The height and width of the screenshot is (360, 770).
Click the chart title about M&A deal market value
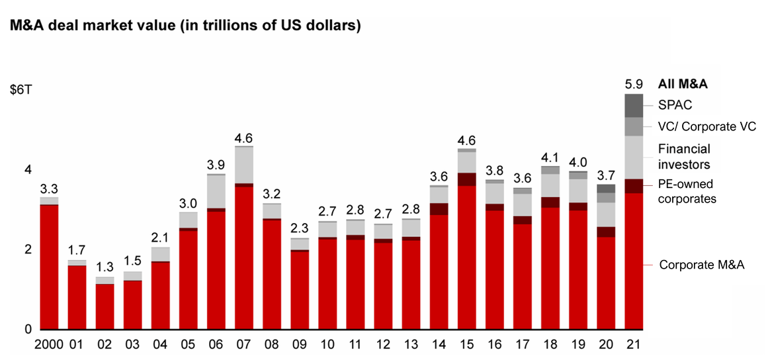point(185,26)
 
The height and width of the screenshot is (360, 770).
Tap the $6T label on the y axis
point(19,91)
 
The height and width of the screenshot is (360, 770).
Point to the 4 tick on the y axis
point(28,170)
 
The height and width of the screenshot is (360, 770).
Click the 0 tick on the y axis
point(28,329)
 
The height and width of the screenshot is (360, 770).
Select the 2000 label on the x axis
point(49,345)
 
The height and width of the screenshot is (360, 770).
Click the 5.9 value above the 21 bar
point(634,84)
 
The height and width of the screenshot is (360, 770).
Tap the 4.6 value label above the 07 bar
point(244,138)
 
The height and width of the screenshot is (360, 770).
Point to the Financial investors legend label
point(684,157)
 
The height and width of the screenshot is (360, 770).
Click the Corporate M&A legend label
point(701,265)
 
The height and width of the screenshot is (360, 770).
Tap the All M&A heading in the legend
point(683,84)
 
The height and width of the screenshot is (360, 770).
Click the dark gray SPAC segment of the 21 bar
point(634,105)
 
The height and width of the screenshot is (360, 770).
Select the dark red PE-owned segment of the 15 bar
point(467,179)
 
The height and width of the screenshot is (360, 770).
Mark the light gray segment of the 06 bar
point(216,191)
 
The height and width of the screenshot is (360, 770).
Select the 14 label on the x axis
point(439,345)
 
